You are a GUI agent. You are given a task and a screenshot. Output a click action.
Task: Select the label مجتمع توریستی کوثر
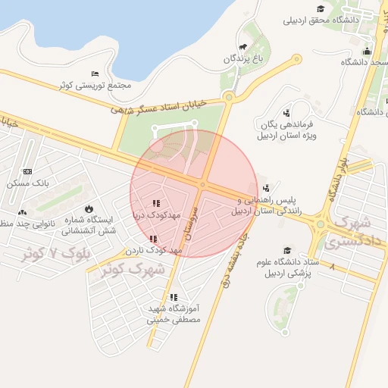pyautogui.click(x=95, y=85)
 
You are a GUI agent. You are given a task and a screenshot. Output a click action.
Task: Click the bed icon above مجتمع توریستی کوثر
pyautogui.click(x=95, y=74)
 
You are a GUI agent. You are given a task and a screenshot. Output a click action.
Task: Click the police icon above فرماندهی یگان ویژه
pyautogui.click(x=286, y=112)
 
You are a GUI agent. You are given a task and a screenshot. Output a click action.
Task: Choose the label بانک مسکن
pyautogui.click(x=27, y=183)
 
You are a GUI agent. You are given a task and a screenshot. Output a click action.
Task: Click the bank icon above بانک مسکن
pyautogui.click(x=27, y=172)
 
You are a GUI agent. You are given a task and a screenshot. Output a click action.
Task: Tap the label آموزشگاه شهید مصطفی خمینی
pyautogui.click(x=173, y=314)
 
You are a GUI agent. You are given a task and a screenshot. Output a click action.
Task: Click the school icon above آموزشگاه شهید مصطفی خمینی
pyautogui.click(x=174, y=297)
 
